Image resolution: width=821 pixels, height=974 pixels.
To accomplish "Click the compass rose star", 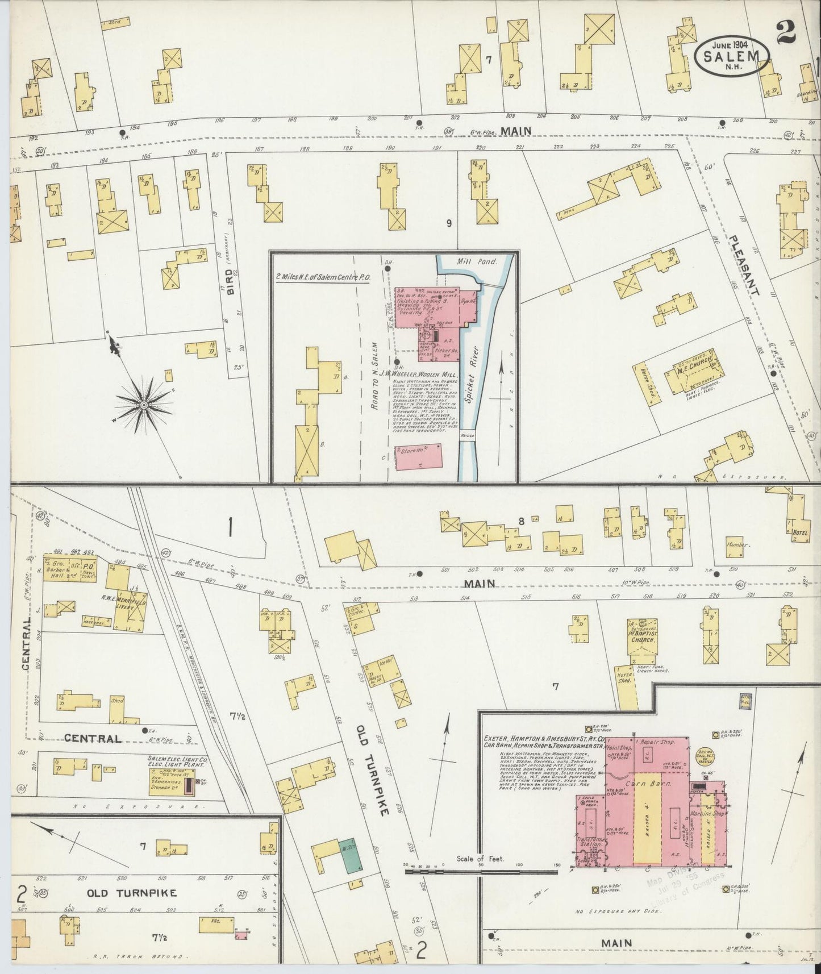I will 144,404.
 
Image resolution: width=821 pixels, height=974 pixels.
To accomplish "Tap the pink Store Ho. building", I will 418,456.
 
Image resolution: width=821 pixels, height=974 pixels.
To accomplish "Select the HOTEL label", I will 799,532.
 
